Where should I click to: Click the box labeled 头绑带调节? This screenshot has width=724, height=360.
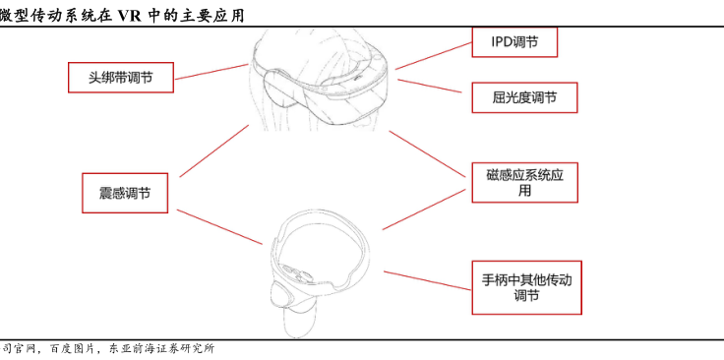(x=121, y=77)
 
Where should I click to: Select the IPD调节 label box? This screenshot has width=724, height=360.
(x=514, y=42)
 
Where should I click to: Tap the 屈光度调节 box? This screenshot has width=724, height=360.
(x=524, y=97)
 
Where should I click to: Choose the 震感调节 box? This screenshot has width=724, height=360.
(x=125, y=193)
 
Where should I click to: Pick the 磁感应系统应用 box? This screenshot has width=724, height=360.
(x=524, y=182)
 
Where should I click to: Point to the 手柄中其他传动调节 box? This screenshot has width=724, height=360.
(x=526, y=287)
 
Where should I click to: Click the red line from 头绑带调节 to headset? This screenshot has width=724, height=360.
(x=211, y=72)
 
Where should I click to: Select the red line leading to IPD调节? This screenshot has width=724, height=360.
(x=434, y=56)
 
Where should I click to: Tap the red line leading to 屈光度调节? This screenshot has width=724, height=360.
(x=430, y=86)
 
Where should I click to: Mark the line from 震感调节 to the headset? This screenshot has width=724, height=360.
(x=214, y=150)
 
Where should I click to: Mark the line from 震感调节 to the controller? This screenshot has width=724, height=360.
(x=219, y=227)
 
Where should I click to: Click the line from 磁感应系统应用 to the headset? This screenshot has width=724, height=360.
(x=427, y=154)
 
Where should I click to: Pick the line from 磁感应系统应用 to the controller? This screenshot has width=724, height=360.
(x=424, y=210)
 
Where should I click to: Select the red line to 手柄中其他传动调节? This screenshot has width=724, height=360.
(x=428, y=280)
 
